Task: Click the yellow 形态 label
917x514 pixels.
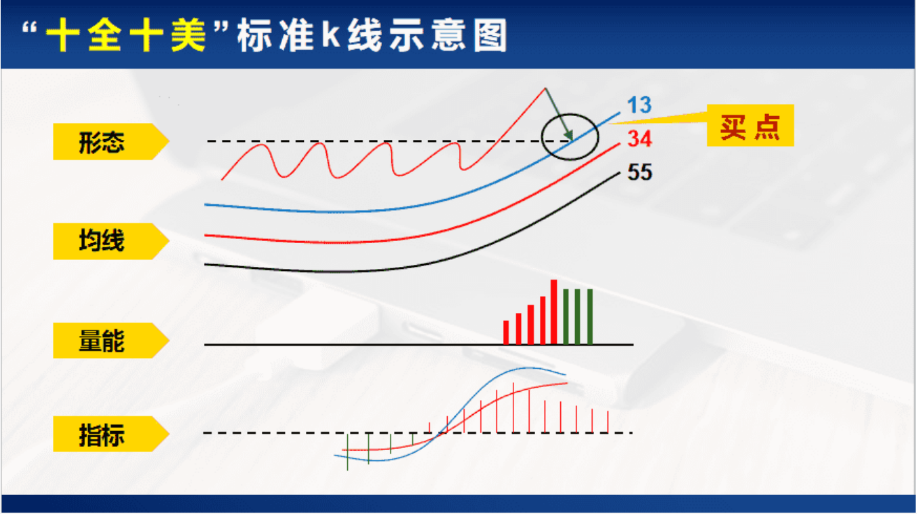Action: point(111,142)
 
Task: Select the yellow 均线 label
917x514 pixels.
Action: point(111,242)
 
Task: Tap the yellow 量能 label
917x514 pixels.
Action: point(111,341)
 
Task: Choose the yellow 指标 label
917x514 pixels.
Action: point(111,434)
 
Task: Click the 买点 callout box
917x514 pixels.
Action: point(750,126)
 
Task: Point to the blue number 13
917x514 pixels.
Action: point(639,105)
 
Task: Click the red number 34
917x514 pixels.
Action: point(640,139)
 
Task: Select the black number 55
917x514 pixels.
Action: point(640,172)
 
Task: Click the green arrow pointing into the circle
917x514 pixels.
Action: point(558,114)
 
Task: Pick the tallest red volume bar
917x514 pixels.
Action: point(554,312)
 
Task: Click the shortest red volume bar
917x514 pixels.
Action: point(506,333)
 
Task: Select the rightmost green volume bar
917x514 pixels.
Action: point(590,317)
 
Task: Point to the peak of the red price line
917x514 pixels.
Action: point(545,88)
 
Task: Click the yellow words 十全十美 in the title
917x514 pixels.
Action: point(125,35)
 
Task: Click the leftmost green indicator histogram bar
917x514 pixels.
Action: point(347,452)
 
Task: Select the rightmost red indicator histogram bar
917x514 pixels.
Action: point(608,422)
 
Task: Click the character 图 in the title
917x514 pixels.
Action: point(490,36)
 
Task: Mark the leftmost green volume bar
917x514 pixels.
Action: point(566,317)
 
